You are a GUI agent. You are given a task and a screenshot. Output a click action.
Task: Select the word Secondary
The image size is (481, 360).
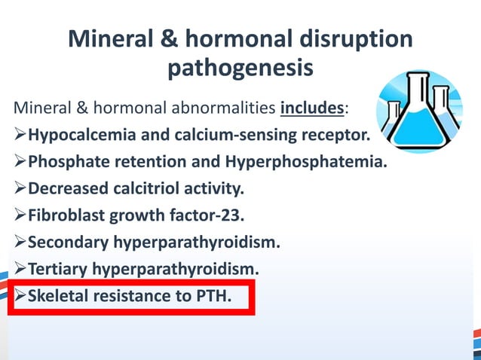(63, 243)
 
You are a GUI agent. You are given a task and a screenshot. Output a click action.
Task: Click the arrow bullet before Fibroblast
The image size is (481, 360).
(20, 216)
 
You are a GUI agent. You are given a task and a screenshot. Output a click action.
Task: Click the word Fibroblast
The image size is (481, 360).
(66, 216)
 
